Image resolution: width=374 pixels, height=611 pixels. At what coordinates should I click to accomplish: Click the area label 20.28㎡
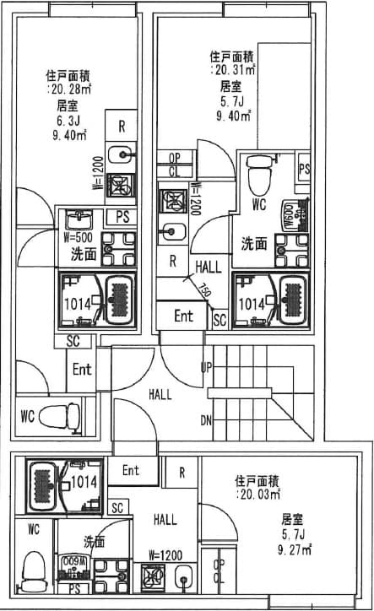click(71, 88)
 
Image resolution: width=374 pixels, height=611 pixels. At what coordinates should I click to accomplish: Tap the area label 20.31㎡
click(234, 71)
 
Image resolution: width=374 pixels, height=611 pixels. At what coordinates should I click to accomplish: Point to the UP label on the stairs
click(205, 367)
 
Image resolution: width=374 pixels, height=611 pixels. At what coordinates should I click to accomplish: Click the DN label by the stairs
click(205, 420)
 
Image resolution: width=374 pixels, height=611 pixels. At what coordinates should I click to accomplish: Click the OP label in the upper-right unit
click(175, 158)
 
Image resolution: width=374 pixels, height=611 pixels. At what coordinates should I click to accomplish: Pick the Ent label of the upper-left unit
click(82, 370)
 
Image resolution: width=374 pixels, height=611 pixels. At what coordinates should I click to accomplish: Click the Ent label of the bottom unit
click(130, 471)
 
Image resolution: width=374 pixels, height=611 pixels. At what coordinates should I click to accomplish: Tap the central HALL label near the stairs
click(160, 393)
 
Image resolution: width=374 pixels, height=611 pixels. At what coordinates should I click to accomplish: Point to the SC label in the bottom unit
click(117, 508)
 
